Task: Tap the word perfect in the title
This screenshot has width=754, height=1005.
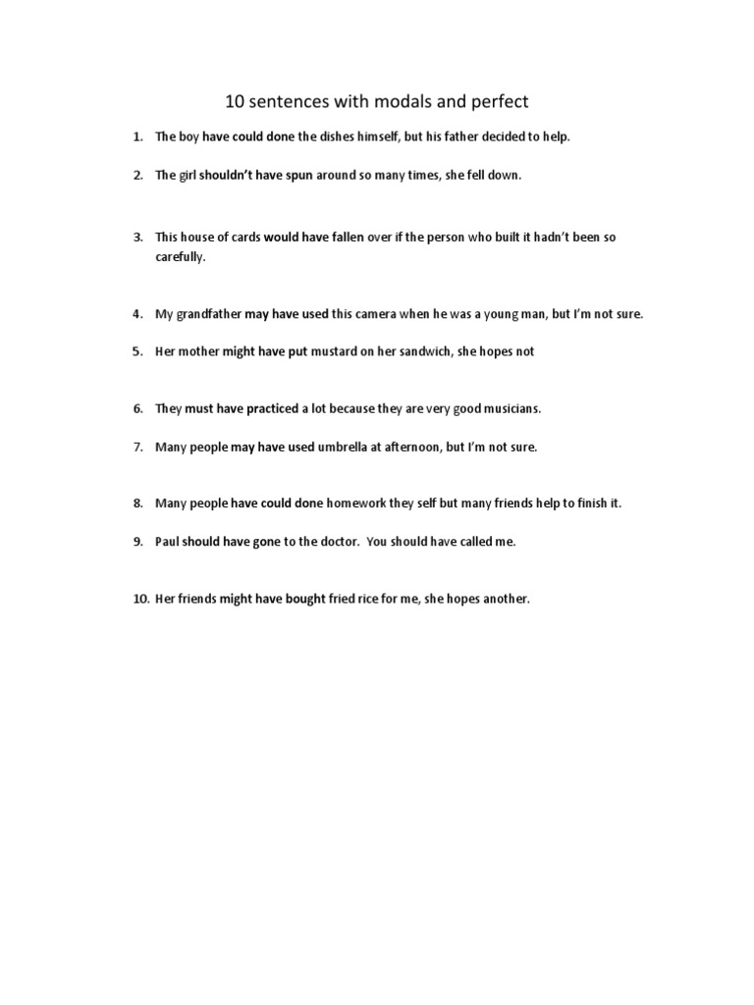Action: coord(495,101)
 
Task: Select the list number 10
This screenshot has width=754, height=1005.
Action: coord(140,599)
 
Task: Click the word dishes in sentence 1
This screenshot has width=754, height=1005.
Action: coord(351,136)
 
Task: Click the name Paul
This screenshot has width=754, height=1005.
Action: coord(169,542)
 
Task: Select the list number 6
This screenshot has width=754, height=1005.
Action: coord(139,408)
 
